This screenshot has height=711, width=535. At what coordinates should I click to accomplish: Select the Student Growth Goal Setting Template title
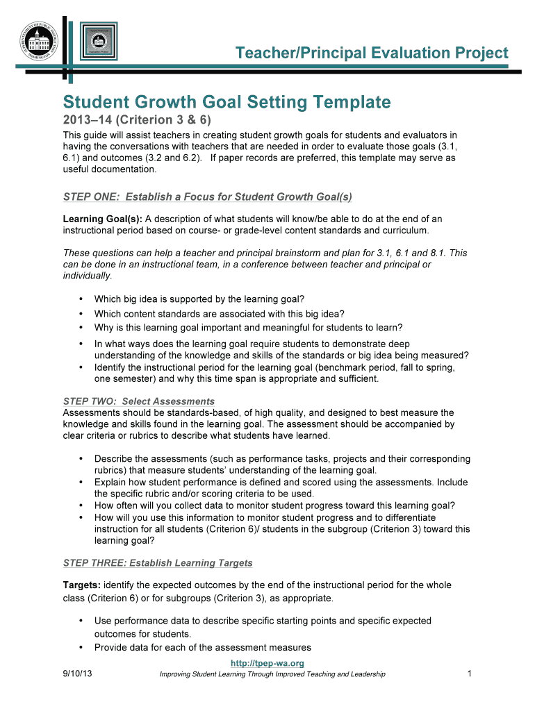[x=227, y=103]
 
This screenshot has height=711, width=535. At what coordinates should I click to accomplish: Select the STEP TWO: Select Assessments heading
[x=139, y=401]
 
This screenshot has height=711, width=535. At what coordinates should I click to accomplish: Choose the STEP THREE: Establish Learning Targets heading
[x=158, y=562]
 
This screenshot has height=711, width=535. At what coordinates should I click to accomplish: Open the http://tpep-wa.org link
[x=267, y=664]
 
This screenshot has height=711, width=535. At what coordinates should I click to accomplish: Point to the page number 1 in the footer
[x=470, y=674]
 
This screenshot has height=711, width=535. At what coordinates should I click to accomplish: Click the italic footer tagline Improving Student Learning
[x=272, y=674]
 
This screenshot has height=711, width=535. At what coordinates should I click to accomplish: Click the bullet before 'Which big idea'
[x=81, y=299]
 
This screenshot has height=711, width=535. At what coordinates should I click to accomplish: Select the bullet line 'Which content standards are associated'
[x=220, y=314]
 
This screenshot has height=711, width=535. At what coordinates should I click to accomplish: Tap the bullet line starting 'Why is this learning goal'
[x=248, y=328]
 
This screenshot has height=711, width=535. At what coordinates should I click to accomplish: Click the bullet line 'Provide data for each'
[x=202, y=648]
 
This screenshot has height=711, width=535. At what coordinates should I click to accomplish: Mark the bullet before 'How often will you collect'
[x=81, y=505]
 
